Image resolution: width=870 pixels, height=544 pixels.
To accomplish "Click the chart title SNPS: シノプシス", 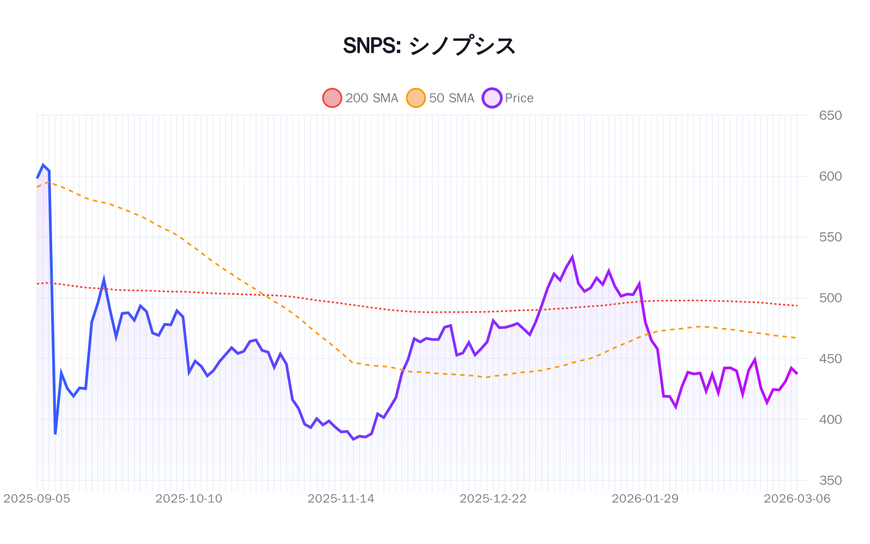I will click(429, 46).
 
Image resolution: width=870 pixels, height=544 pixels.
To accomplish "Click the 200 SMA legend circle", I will click(332, 98).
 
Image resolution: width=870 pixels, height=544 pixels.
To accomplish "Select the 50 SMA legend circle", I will click(416, 98).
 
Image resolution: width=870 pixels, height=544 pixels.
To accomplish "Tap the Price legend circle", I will click(492, 98).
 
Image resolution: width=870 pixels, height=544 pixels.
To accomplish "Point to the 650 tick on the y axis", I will click(830, 115).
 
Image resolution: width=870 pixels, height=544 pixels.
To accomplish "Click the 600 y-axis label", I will click(830, 176).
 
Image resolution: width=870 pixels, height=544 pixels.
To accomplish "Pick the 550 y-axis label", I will click(830, 237).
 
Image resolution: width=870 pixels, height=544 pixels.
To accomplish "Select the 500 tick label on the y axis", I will click(830, 298).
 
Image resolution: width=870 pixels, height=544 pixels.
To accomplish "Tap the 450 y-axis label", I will click(830, 359).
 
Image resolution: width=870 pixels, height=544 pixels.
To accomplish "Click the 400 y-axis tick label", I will click(830, 419).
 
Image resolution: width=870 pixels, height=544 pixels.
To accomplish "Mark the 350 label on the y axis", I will click(830, 480).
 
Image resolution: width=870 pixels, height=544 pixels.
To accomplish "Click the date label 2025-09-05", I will click(37, 499).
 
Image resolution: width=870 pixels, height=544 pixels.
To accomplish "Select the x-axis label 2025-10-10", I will click(189, 499).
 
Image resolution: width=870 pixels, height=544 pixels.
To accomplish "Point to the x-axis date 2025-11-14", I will click(341, 499).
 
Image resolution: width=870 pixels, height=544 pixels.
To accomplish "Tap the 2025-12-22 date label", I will click(493, 499).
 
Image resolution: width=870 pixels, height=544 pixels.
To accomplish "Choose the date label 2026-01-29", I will click(645, 499).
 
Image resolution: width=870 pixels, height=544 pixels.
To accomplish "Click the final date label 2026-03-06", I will click(797, 499).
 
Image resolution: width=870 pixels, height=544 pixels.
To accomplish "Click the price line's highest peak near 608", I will click(43, 165).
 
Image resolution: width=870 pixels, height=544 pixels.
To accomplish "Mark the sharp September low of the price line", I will click(55, 434).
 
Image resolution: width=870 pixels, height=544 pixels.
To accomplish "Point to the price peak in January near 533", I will click(572, 257).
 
